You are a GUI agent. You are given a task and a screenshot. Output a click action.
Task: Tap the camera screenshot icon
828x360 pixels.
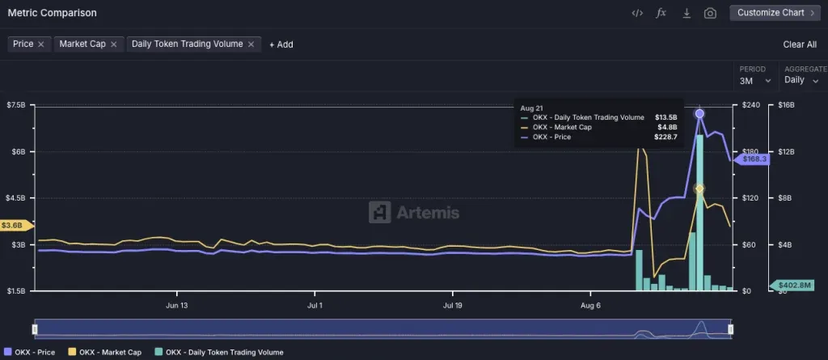tap(710, 13)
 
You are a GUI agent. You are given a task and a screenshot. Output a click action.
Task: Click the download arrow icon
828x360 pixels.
tap(686, 13)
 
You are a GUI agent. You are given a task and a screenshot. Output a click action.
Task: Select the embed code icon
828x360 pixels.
tap(637, 13)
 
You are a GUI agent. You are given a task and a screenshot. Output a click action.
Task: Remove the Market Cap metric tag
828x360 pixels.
tap(114, 44)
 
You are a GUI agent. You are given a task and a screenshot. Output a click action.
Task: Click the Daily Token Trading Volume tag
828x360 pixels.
tap(187, 44)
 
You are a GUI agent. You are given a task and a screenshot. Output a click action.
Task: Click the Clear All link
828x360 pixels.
tap(800, 44)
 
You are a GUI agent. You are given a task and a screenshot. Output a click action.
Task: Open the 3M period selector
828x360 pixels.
tap(753, 80)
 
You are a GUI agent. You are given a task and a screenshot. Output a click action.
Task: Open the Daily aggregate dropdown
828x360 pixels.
tap(801, 80)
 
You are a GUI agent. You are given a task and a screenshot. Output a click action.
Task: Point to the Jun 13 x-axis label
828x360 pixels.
tap(176, 306)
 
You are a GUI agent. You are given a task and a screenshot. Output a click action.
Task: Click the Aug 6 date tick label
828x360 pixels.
tap(591, 306)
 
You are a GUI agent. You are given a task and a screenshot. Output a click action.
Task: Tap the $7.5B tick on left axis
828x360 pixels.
tap(17, 105)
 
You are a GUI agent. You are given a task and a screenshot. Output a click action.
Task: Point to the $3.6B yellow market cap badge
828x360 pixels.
tap(15, 226)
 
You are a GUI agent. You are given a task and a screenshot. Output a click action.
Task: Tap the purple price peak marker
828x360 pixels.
tap(699, 114)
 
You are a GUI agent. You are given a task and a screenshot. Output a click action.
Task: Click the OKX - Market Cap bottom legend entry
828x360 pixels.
tap(109, 352)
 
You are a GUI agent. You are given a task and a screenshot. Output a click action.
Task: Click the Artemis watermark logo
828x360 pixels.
tap(414, 212)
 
